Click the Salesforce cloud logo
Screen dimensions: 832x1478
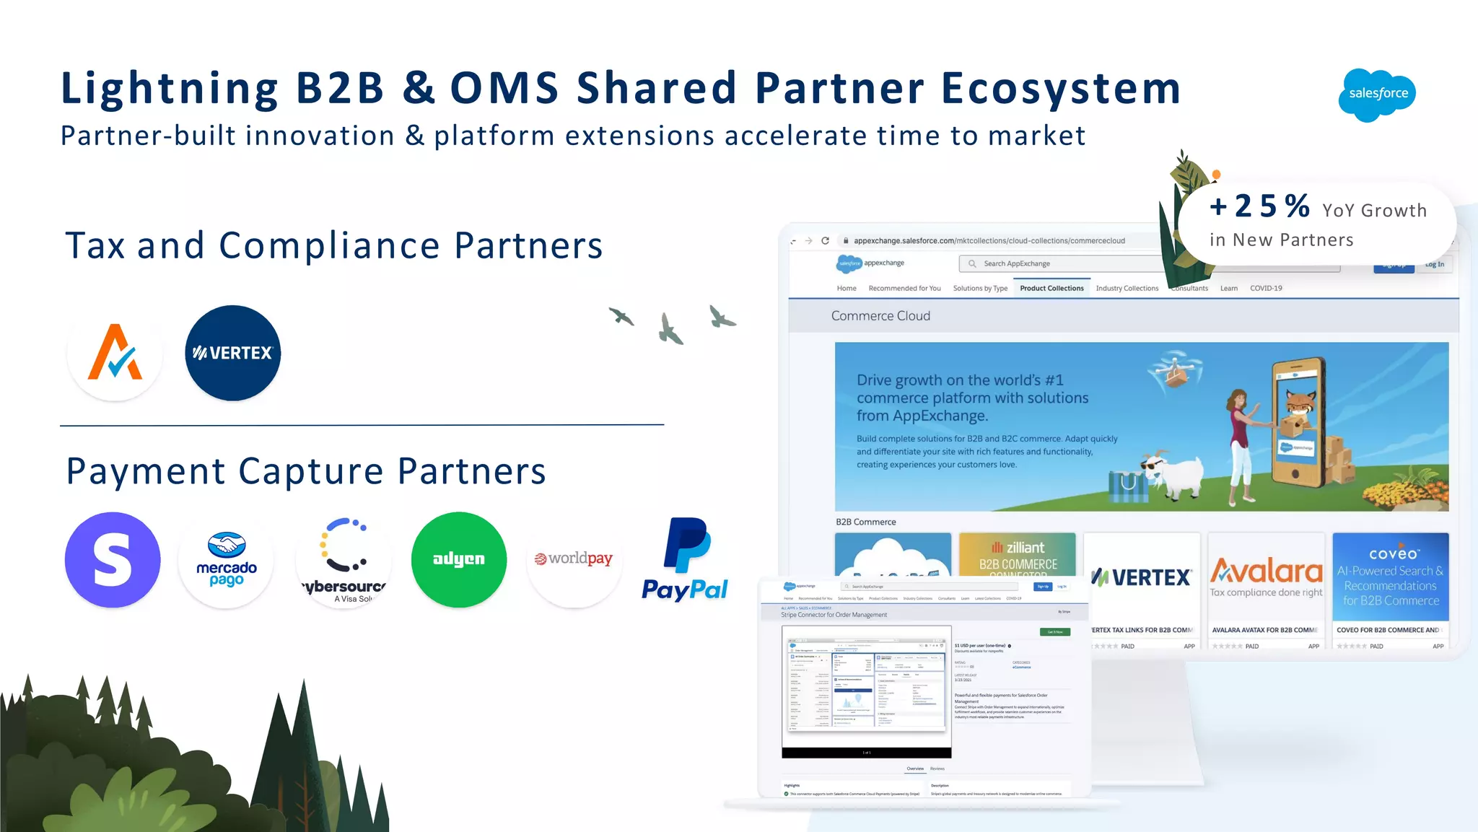(x=1377, y=95)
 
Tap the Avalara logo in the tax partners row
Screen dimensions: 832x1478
(x=115, y=353)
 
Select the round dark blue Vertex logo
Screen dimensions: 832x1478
(x=232, y=353)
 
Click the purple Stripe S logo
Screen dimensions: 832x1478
(x=113, y=560)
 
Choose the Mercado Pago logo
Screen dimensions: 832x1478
(x=227, y=560)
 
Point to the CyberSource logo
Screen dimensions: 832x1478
(x=344, y=560)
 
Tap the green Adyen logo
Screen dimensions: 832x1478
(x=459, y=560)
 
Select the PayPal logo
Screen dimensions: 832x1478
(x=686, y=560)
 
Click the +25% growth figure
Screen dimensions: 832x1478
(x=1260, y=206)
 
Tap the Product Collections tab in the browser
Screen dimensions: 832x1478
(x=1051, y=289)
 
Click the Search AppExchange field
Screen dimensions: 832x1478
(x=1061, y=264)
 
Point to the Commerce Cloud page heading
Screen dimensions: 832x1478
(x=880, y=316)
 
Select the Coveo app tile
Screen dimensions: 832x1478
(x=1390, y=577)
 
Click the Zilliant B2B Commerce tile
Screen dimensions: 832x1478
(x=1017, y=556)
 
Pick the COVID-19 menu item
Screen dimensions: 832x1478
(x=1266, y=289)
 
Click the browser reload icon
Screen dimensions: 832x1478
(x=825, y=241)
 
